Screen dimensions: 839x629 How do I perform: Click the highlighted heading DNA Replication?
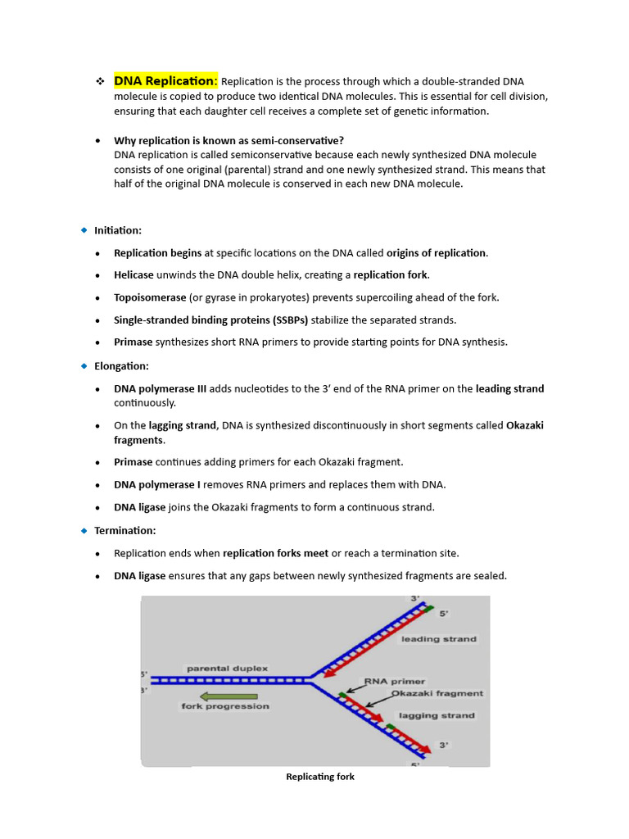165,80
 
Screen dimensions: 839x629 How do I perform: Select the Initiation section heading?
118,230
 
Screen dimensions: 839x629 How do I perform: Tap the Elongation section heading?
121,365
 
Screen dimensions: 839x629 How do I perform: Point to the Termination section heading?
124,530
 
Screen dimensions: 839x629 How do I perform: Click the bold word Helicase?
133,274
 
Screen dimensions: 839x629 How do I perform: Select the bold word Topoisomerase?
150,297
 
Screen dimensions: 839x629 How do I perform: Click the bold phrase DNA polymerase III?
160,388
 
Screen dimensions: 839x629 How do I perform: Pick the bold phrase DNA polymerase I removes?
157,484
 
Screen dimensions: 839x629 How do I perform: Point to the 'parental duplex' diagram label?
227,669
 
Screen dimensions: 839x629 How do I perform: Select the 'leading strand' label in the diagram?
438,638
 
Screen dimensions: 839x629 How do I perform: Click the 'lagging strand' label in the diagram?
436,715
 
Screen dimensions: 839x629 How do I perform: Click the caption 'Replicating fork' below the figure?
320,776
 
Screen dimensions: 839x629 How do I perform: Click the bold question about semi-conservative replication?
229,140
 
